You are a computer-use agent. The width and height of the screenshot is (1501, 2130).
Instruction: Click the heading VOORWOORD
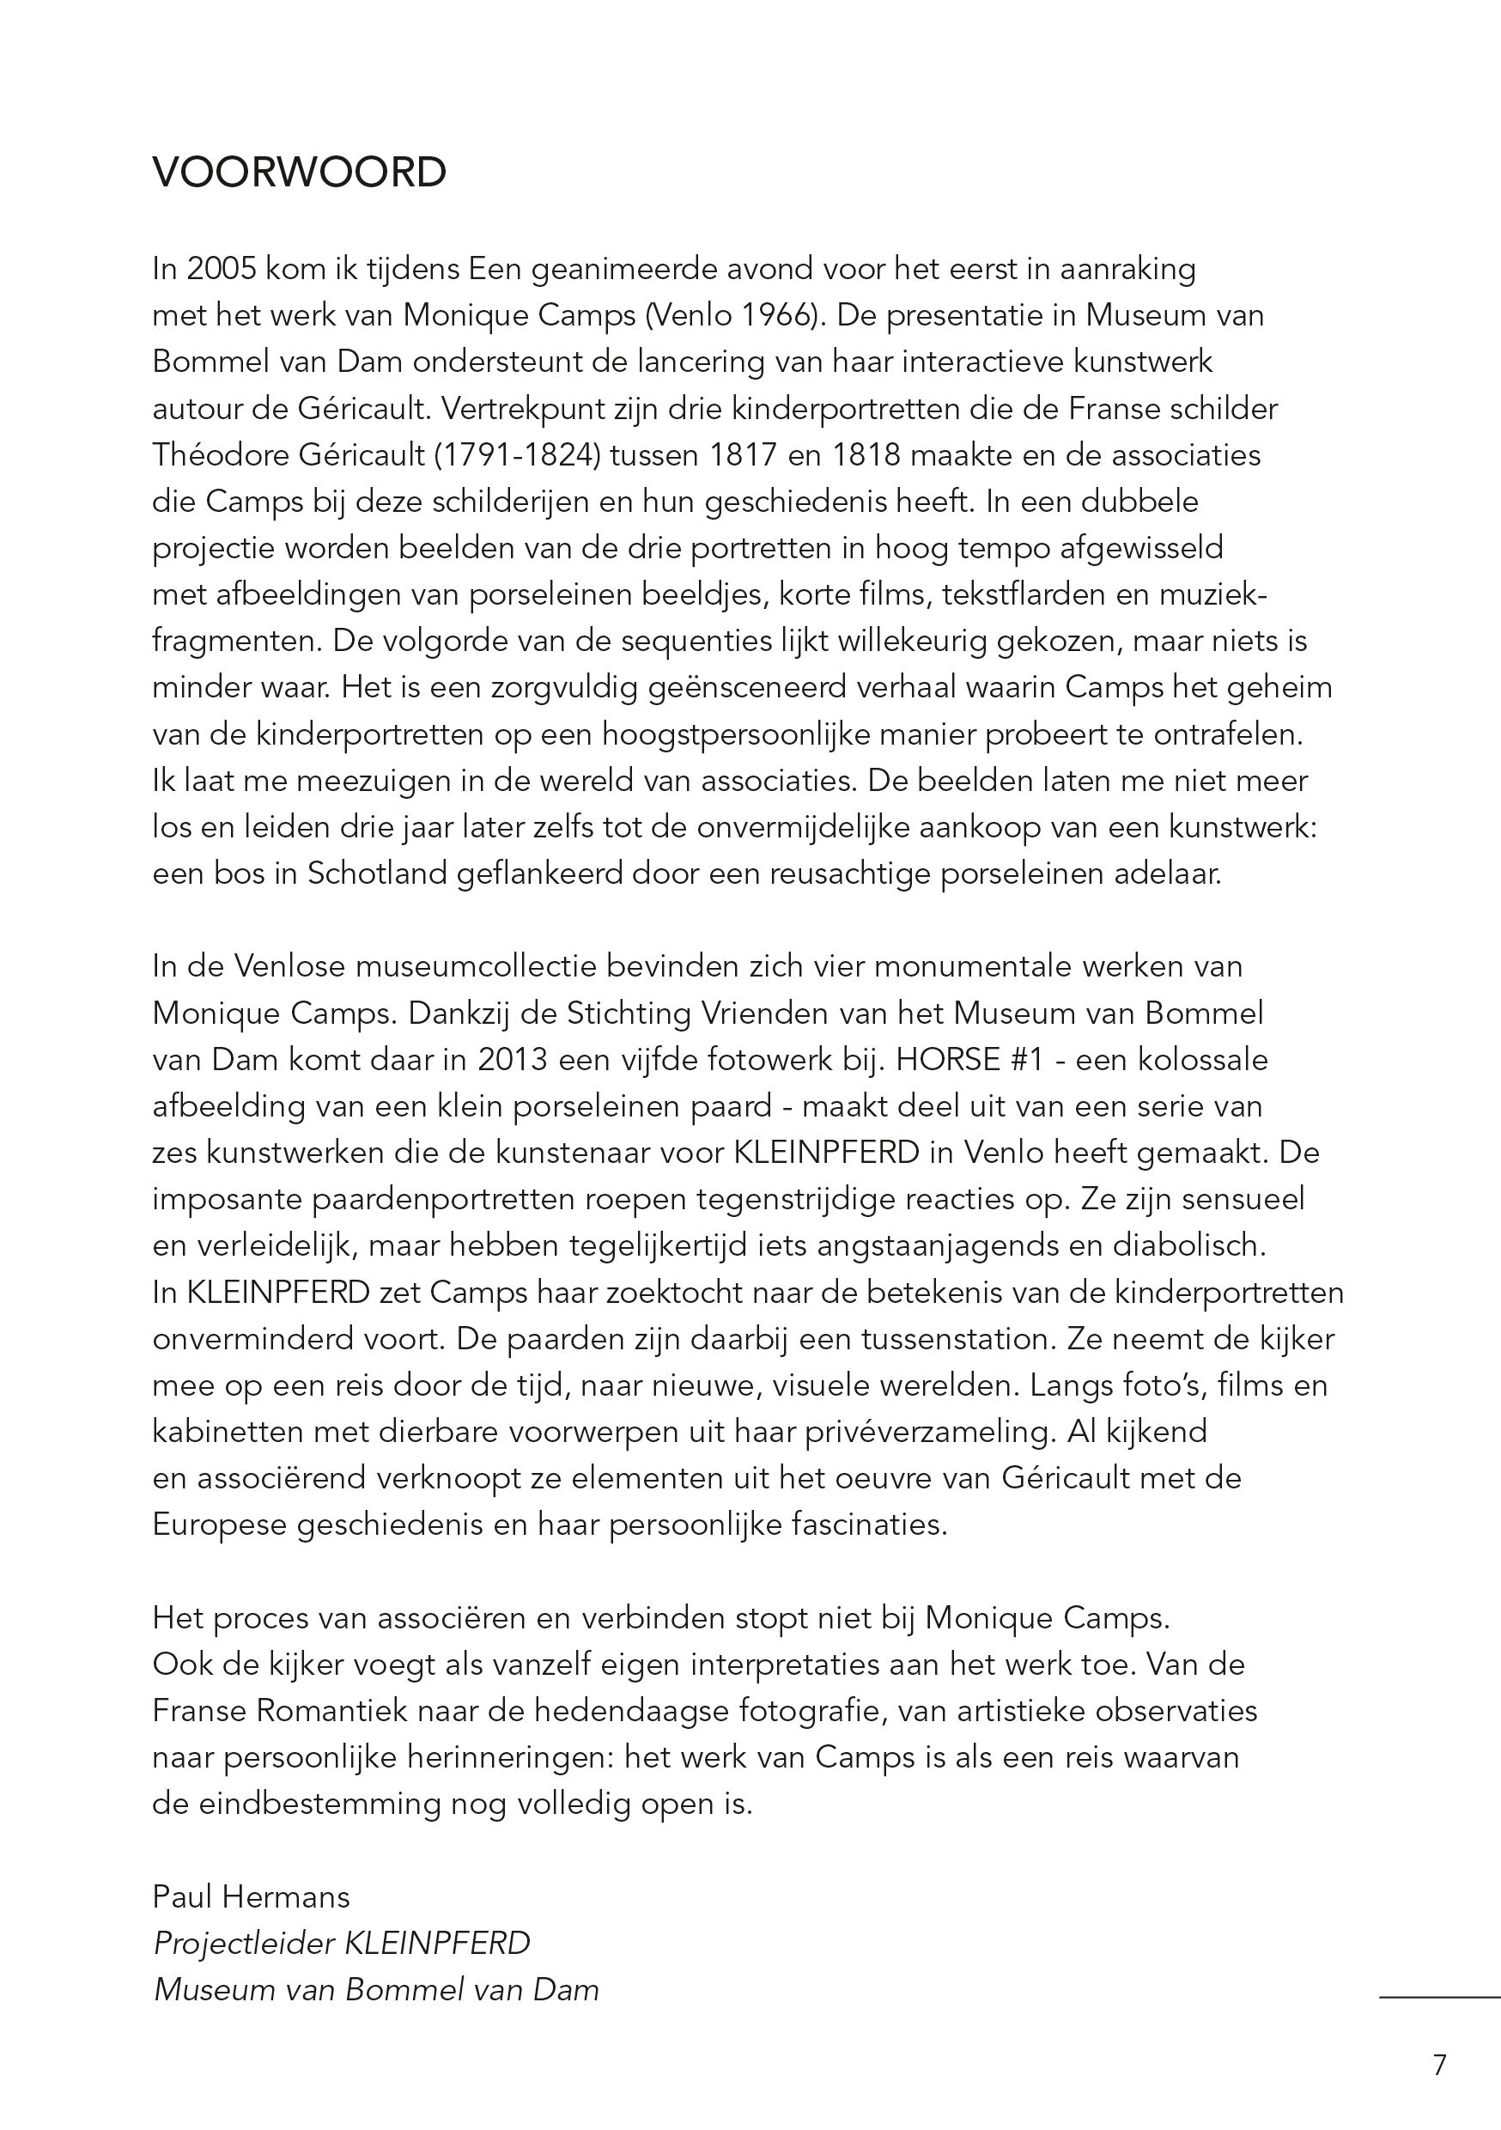[x=299, y=173]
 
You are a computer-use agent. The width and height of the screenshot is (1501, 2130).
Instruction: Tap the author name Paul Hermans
[x=252, y=1896]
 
